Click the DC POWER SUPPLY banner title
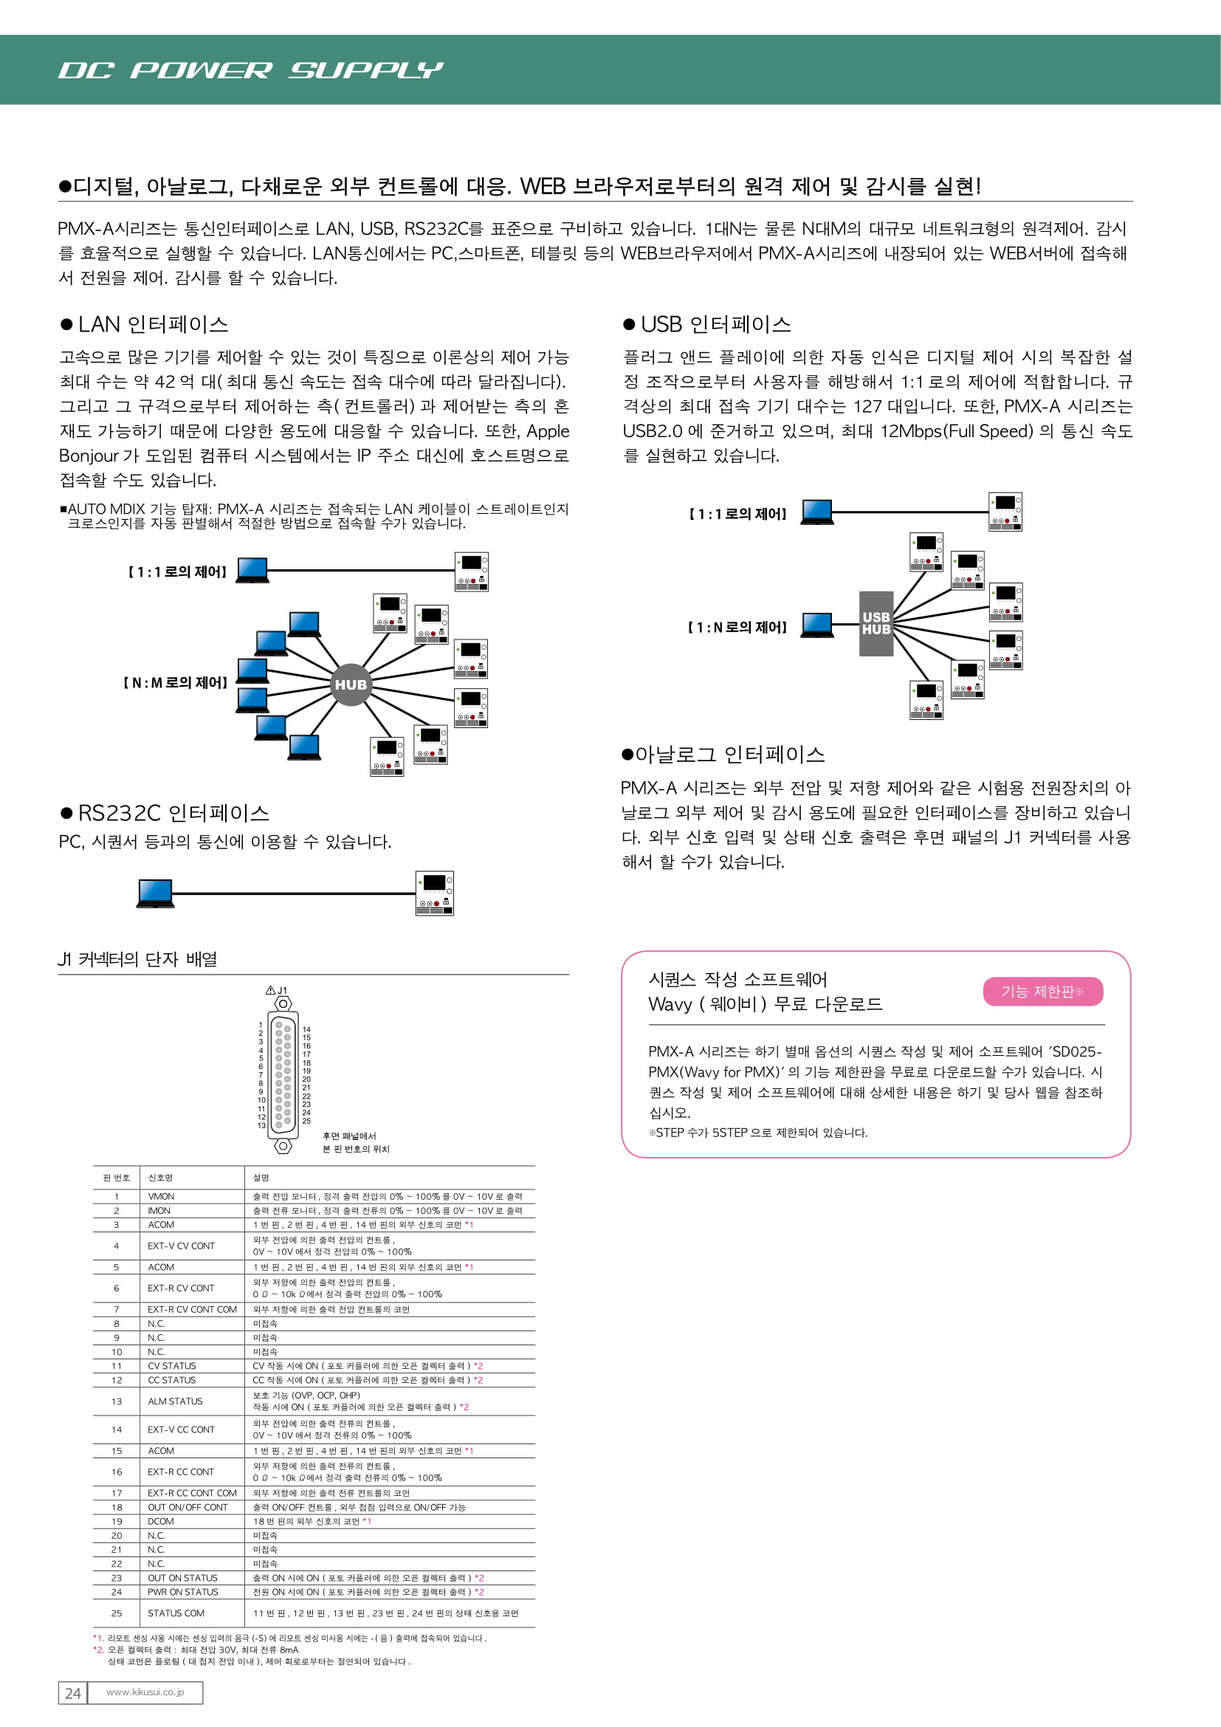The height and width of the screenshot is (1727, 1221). tap(250, 70)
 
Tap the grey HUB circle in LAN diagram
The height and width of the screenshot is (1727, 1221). tap(351, 684)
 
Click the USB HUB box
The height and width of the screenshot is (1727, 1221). tap(876, 624)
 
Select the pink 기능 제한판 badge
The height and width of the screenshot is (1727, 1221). tap(1042, 992)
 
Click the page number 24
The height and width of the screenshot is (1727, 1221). tap(73, 1692)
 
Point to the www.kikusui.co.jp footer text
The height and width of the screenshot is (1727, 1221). tap(145, 1692)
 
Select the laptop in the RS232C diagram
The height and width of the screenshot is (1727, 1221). tap(156, 893)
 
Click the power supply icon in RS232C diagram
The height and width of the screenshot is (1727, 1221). tap(434, 893)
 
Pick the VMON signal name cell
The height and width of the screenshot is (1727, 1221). tap(161, 1196)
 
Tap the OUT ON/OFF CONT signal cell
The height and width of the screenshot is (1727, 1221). tap(188, 1508)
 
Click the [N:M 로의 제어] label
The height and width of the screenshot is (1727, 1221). tap(175, 683)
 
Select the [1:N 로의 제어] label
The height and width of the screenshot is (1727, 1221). tap(737, 628)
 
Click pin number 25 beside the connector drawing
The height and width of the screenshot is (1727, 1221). tap(306, 1121)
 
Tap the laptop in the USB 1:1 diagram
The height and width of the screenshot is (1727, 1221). tap(816, 512)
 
